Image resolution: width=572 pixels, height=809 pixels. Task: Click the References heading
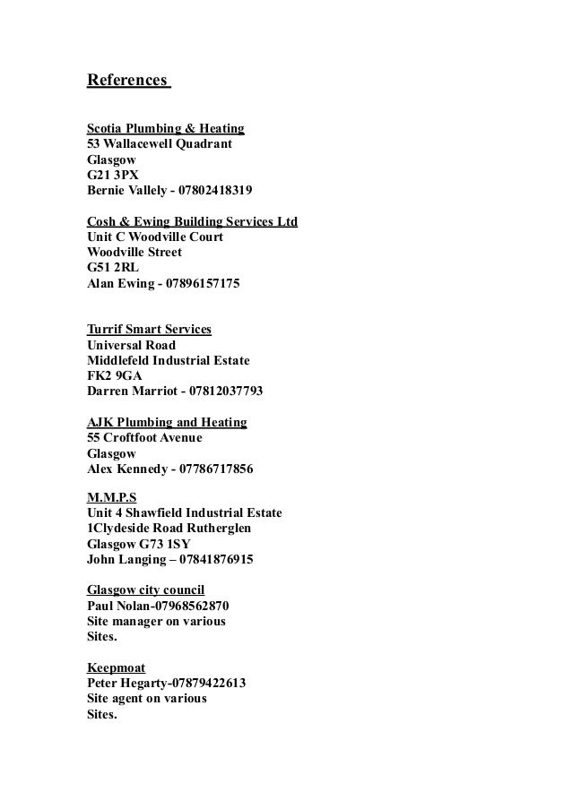tap(126, 82)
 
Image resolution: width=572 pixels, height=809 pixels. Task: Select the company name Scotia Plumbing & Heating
tap(165, 128)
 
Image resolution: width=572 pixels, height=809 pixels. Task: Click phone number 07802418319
tap(215, 190)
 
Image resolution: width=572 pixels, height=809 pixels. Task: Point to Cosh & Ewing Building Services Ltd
tap(192, 221)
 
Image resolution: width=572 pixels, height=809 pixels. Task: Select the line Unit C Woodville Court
tap(154, 237)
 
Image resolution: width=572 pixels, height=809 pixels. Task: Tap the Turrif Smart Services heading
tap(149, 330)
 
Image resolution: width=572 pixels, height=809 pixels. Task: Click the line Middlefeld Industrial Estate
tap(168, 360)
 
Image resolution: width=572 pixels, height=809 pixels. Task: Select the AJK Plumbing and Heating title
tap(167, 422)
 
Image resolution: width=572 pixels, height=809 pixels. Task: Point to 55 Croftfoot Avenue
tap(144, 437)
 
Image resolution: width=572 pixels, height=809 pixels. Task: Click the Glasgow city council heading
tap(145, 590)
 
